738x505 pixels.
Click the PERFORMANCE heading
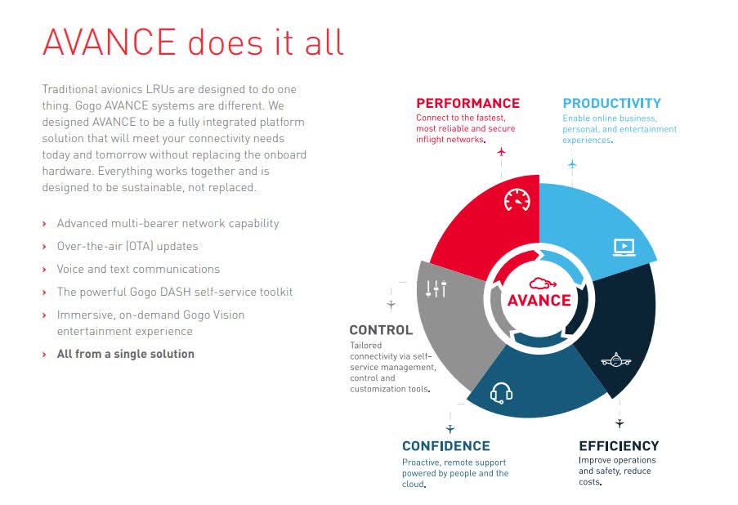467,103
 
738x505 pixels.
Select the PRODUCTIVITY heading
611,103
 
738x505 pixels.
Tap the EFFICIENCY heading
619,446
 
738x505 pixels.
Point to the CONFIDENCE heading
445,446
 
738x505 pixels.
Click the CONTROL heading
381,330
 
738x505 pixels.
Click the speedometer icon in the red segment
517,199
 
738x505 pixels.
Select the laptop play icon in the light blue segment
624,246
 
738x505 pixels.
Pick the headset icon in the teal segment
501,394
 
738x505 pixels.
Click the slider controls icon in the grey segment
436,288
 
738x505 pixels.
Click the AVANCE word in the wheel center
539,300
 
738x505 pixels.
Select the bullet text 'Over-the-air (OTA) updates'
127,246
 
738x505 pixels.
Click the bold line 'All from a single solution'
125,354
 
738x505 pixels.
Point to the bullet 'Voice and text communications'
138,269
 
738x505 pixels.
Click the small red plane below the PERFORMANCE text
501,152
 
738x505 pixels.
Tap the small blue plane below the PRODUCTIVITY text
572,164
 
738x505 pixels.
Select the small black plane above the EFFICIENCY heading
619,423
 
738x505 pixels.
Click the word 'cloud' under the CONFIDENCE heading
413,484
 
